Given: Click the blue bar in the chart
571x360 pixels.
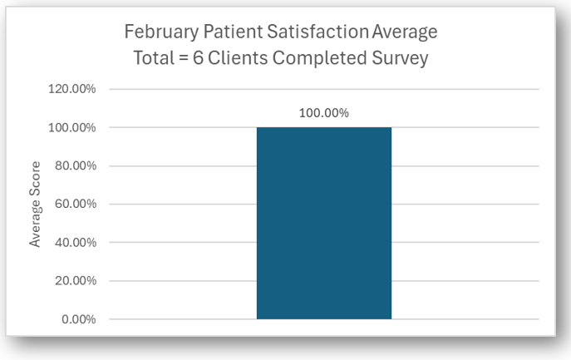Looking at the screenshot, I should (x=323, y=223).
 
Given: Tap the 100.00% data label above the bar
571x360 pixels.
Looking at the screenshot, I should (x=324, y=113).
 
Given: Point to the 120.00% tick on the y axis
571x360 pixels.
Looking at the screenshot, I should (x=73, y=89).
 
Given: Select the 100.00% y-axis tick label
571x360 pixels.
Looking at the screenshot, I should (x=73, y=127).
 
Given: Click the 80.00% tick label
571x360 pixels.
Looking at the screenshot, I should (x=76, y=165).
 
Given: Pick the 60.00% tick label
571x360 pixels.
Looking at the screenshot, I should (x=76, y=204).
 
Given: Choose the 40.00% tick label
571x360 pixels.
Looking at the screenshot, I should (x=76, y=242).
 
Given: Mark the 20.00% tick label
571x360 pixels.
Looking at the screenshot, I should (x=76, y=280).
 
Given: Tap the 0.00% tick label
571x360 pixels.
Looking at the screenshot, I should (x=79, y=319).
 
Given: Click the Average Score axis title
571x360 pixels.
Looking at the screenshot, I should (x=36, y=205).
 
